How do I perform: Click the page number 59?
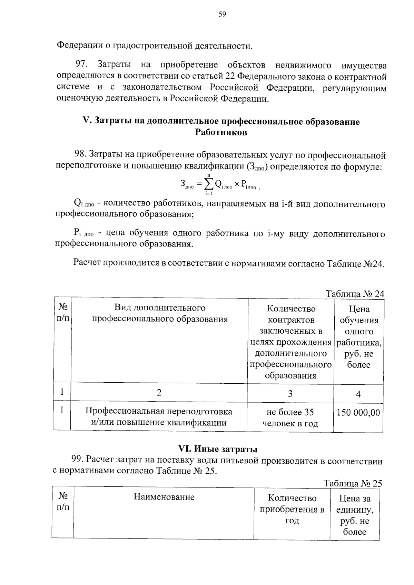[222, 14]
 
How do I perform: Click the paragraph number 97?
[82, 64]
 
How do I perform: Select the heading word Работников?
[221, 132]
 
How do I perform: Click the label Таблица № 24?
[355, 294]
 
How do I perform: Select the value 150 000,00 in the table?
[358, 412]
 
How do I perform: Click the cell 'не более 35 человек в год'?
[290, 417]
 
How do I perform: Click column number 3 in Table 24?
[290, 394]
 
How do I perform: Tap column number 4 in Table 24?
[358, 394]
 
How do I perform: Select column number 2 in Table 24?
[159, 393]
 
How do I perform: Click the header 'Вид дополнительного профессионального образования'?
[160, 313]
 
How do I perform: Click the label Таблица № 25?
[353, 483]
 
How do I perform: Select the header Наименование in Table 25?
[164, 497]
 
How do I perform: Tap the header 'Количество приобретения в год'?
[292, 509]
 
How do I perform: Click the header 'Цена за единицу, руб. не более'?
[354, 515]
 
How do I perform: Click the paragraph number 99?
[77, 460]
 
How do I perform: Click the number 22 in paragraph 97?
[231, 76]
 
